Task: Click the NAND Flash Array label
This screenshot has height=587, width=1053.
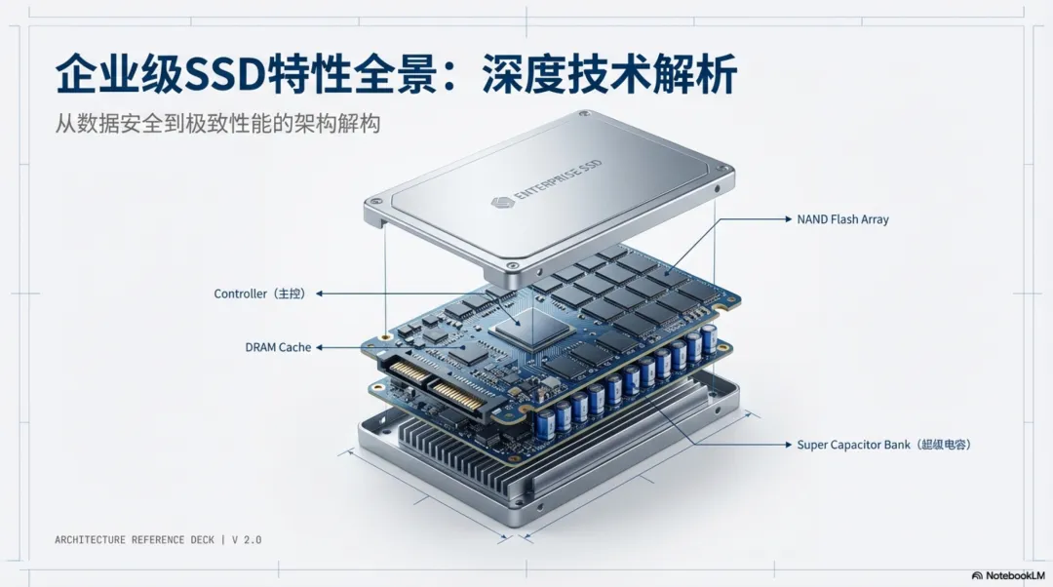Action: pyautogui.click(x=842, y=219)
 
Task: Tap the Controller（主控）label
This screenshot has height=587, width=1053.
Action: pyautogui.click(x=260, y=293)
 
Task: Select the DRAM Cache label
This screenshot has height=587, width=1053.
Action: pyautogui.click(x=278, y=347)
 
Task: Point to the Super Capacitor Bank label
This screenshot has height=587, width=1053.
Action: pyautogui.click(x=883, y=445)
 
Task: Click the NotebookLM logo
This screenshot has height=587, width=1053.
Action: pyautogui.click(x=1008, y=575)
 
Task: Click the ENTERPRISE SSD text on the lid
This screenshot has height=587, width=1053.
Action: pyautogui.click(x=558, y=180)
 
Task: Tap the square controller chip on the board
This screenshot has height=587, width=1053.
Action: pyautogui.click(x=531, y=328)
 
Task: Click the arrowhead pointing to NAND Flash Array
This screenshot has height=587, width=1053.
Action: pyautogui.click(x=789, y=219)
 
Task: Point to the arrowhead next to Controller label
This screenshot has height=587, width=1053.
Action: pyautogui.click(x=320, y=293)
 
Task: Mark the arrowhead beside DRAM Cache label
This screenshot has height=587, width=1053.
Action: pyautogui.click(x=320, y=347)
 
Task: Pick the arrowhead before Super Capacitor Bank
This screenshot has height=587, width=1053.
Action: pyautogui.click(x=789, y=445)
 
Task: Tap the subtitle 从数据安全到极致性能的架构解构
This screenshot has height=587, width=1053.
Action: pyautogui.click(x=217, y=124)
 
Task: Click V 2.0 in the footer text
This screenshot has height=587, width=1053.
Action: pyautogui.click(x=247, y=540)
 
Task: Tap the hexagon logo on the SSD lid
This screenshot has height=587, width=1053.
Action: pyautogui.click(x=502, y=202)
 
